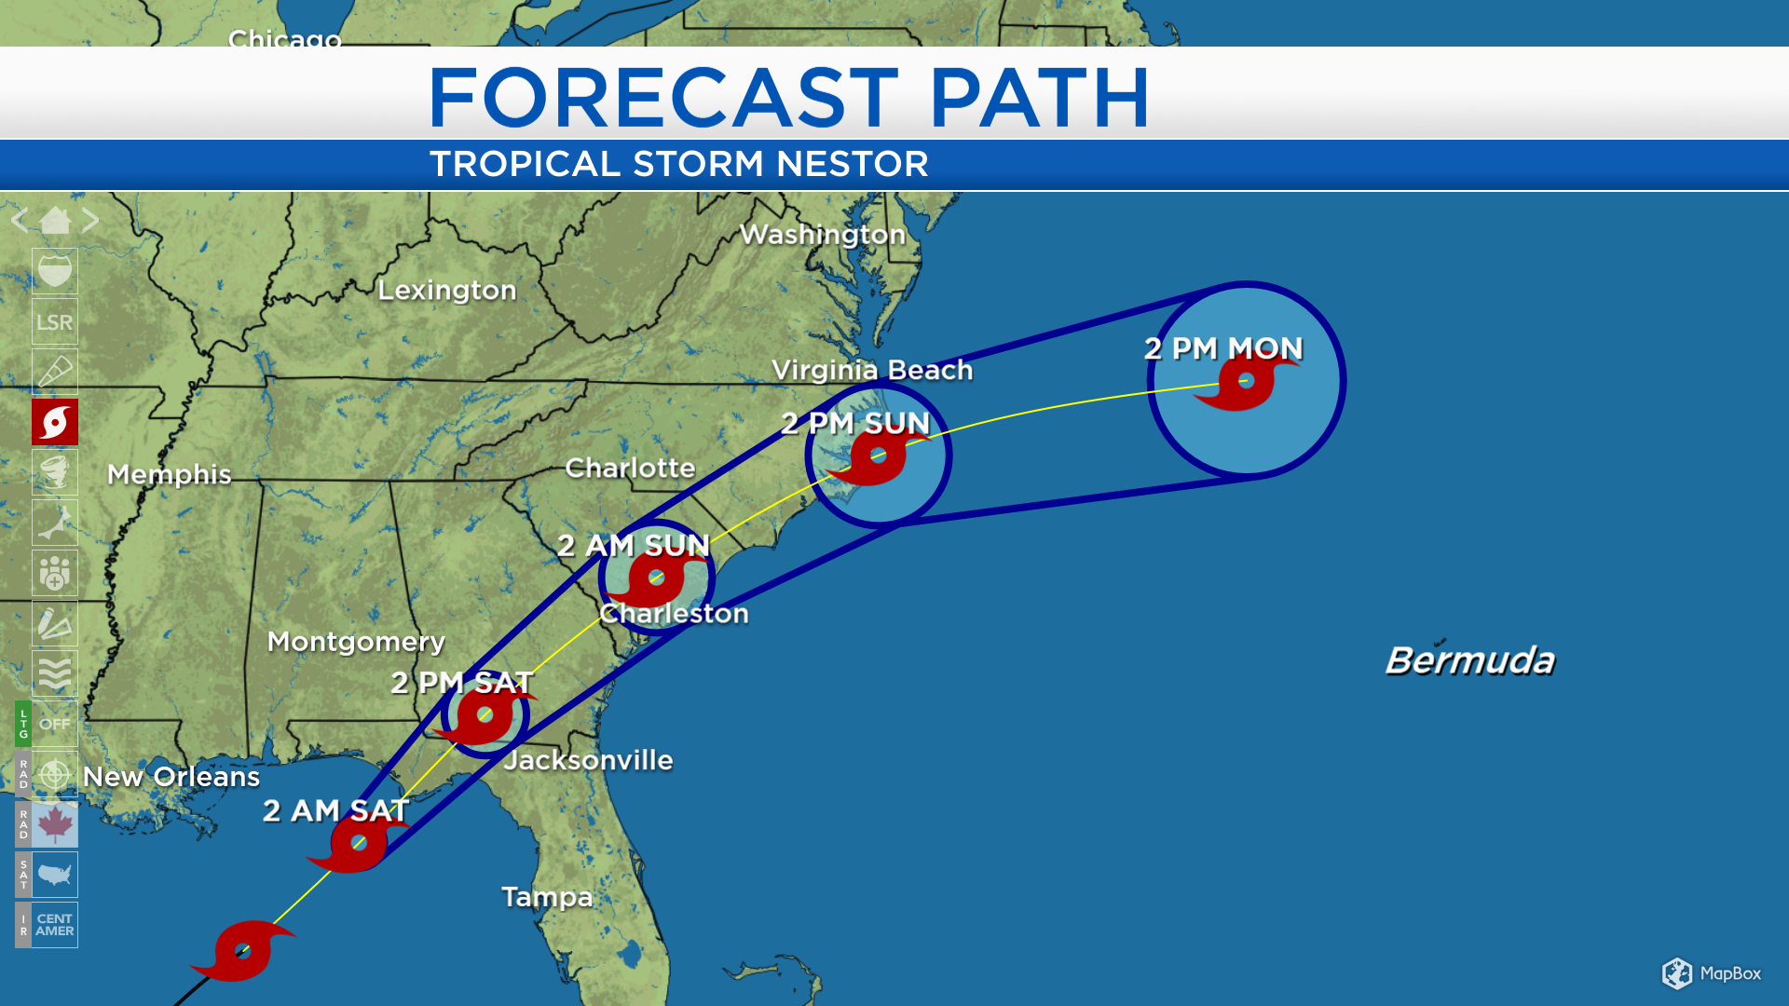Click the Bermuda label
click(x=1469, y=660)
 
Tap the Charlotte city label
click(x=630, y=468)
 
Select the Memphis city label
click(x=169, y=474)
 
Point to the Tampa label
click(x=547, y=897)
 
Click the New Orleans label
click(x=171, y=777)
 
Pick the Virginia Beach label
click(x=872, y=370)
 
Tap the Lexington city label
click(x=446, y=290)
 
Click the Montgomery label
click(x=356, y=641)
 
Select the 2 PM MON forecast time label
click(x=1223, y=348)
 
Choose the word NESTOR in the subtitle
click(x=853, y=164)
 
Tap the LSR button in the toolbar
click(x=54, y=322)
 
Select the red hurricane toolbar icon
click(x=55, y=423)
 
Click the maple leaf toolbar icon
click(x=55, y=824)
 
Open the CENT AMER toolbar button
click(x=55, y=925)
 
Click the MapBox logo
click(x=1712, y=973)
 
